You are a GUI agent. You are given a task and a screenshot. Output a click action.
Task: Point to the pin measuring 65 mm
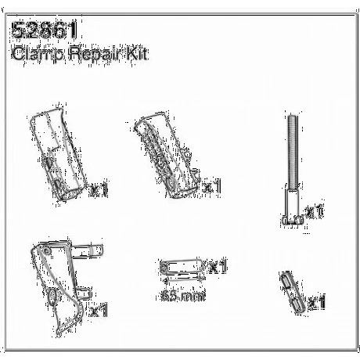tap(180, 268)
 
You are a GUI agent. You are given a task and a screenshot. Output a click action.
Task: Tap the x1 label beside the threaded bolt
tap(315, 211)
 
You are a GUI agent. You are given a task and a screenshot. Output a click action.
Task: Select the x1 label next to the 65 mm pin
tap(218, 268)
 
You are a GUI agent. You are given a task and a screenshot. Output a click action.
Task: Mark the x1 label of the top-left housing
tap(99, 189)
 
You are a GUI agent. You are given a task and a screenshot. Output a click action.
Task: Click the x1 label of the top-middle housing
tap(212, 188)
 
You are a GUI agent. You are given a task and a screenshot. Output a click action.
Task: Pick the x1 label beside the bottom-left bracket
tap(99, 311)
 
